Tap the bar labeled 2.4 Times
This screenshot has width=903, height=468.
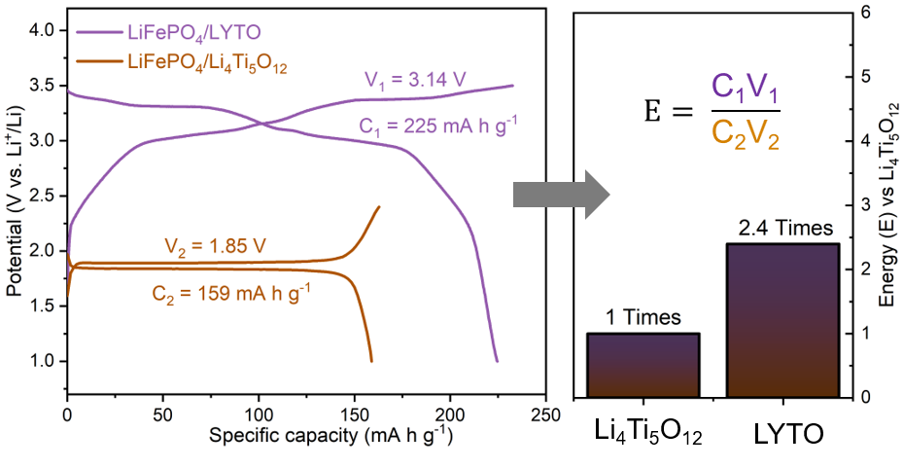[x=782, y=320]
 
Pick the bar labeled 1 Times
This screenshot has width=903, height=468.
[x=643, y=365]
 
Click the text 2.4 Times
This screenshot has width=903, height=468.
[x=782, y=229]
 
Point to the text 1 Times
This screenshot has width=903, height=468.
[x=643, y=318]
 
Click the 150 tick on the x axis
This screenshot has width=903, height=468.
[x=354, y=414]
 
